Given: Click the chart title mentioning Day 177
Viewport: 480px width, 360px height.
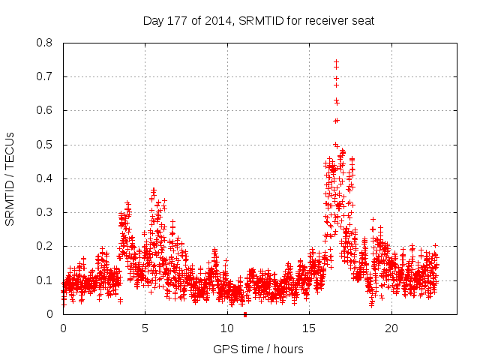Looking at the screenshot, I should (258, 20).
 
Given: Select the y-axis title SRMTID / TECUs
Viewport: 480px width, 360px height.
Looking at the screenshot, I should (10, 178).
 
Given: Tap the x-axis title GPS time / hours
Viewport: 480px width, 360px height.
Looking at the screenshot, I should (258, 349).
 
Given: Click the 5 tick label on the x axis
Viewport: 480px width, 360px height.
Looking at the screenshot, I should (145, 328).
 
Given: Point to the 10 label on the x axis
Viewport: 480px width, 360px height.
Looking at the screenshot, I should (227, 328).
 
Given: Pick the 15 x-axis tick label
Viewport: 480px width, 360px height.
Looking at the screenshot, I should (310, 328).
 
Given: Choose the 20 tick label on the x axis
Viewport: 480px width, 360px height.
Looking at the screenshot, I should (391, 328).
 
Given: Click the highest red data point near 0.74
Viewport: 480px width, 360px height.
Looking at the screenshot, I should (336, 62).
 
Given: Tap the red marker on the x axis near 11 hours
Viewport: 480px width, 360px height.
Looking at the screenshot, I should (245, 314).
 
